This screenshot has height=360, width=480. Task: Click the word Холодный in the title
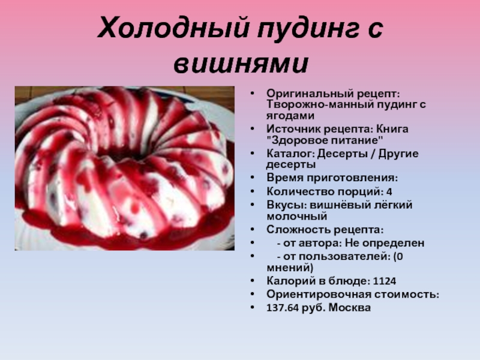(173, 28)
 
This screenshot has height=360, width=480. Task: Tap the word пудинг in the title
(307, 29)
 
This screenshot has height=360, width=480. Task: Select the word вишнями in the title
(241, 64)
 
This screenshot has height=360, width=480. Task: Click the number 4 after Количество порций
(389, 192)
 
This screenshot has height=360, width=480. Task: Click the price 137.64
(282, 308)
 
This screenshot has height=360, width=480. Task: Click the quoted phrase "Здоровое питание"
(325, 140)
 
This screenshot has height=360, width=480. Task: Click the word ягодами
(290, 116)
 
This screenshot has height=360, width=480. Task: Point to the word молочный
(297, 217)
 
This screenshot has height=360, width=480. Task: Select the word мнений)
(290, 268)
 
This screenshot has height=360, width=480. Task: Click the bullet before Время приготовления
(252, 178)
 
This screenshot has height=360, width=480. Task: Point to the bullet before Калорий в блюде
(252, 281)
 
